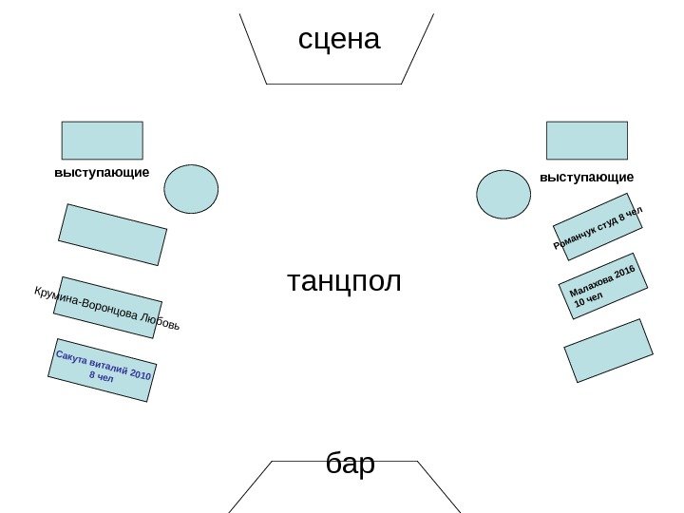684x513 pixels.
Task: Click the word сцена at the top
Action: coord(338,39)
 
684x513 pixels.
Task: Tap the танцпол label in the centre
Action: coord(344,281)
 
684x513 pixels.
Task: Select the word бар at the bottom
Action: coord(350,465)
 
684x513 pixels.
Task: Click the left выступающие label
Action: coord(102,174)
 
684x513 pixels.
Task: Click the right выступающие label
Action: coord(586,178)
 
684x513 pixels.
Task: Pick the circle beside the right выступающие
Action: coord(503,194)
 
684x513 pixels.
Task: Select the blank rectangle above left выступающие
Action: coord(102,140)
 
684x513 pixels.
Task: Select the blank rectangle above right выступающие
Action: coord(586,140)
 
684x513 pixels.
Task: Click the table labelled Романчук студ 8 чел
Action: coord(598,227)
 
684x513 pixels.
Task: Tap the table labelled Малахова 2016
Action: coord(603,286)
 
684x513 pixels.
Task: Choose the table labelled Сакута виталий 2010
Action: coord(103,370)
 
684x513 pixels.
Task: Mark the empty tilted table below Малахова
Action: coord(609,351)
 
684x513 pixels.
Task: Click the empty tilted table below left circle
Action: coord(112,234)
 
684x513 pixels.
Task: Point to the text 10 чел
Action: coord(588,301)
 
